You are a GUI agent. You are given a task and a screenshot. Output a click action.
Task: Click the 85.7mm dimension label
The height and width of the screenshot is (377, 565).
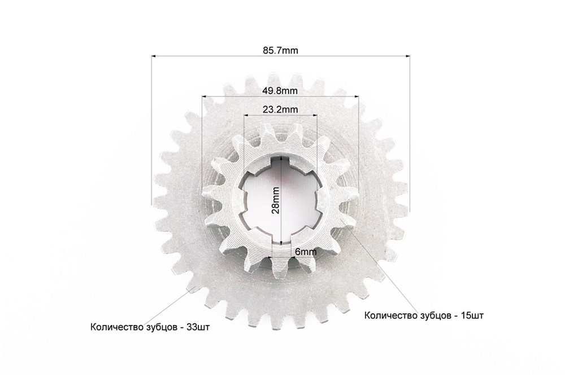(x=280, y=50)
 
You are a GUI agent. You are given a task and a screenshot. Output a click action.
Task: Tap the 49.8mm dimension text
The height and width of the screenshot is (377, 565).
(x=280, y=91)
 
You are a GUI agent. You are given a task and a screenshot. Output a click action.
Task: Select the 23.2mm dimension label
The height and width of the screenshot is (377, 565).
(x=280, y=109)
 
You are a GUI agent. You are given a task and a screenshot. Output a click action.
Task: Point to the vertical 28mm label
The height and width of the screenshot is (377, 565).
(x=276, y=200)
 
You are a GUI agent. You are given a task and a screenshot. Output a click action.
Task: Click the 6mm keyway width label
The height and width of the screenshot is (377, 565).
(x=306, y=252)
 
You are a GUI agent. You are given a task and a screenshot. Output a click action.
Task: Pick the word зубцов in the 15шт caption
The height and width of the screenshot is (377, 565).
(x=435, y=316)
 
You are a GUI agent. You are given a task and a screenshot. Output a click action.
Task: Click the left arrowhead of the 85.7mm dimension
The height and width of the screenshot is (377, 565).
(x=154, y=56)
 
